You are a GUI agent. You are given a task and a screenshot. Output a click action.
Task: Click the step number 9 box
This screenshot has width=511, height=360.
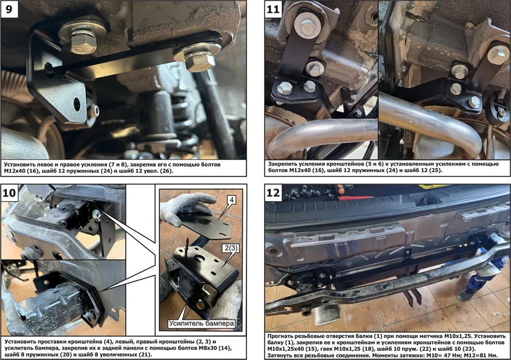(x=9, y=9)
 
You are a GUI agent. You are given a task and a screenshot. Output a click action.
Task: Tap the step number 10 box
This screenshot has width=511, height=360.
(x=9, y=193)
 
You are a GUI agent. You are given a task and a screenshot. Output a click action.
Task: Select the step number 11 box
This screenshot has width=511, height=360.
(x=273, y=9)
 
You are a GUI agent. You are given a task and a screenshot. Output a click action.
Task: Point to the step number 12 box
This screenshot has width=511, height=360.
(x=273, y=193)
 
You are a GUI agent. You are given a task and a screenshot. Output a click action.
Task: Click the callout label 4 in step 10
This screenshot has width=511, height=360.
(x=231, y=199)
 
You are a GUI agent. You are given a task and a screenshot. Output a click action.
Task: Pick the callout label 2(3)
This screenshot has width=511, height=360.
(x=231, y=248)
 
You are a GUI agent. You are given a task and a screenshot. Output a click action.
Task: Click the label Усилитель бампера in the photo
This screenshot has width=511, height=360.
(x=201, y=323)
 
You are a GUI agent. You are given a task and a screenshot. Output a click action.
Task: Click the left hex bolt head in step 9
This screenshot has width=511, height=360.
(x=83, y=42)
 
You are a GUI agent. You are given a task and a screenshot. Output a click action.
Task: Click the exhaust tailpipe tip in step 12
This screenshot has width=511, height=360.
(x=327, y=313)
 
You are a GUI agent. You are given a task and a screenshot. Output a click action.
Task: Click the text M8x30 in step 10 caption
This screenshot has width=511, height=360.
(x=204, y=348)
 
